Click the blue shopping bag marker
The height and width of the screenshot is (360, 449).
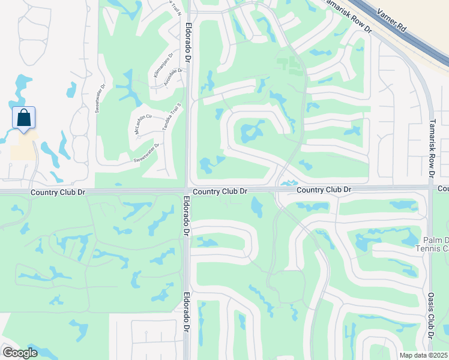pos(23,117)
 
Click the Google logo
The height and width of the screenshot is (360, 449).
pos(20,353)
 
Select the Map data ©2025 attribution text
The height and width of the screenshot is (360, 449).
pos(423,355)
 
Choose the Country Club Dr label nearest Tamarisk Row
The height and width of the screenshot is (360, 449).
pos(324,190)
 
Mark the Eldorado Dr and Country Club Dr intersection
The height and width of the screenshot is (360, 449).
pos(187,191)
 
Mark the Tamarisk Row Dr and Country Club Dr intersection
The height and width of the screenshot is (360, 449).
pos(431,188)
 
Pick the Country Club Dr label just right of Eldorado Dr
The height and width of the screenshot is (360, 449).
pos(220,191)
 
